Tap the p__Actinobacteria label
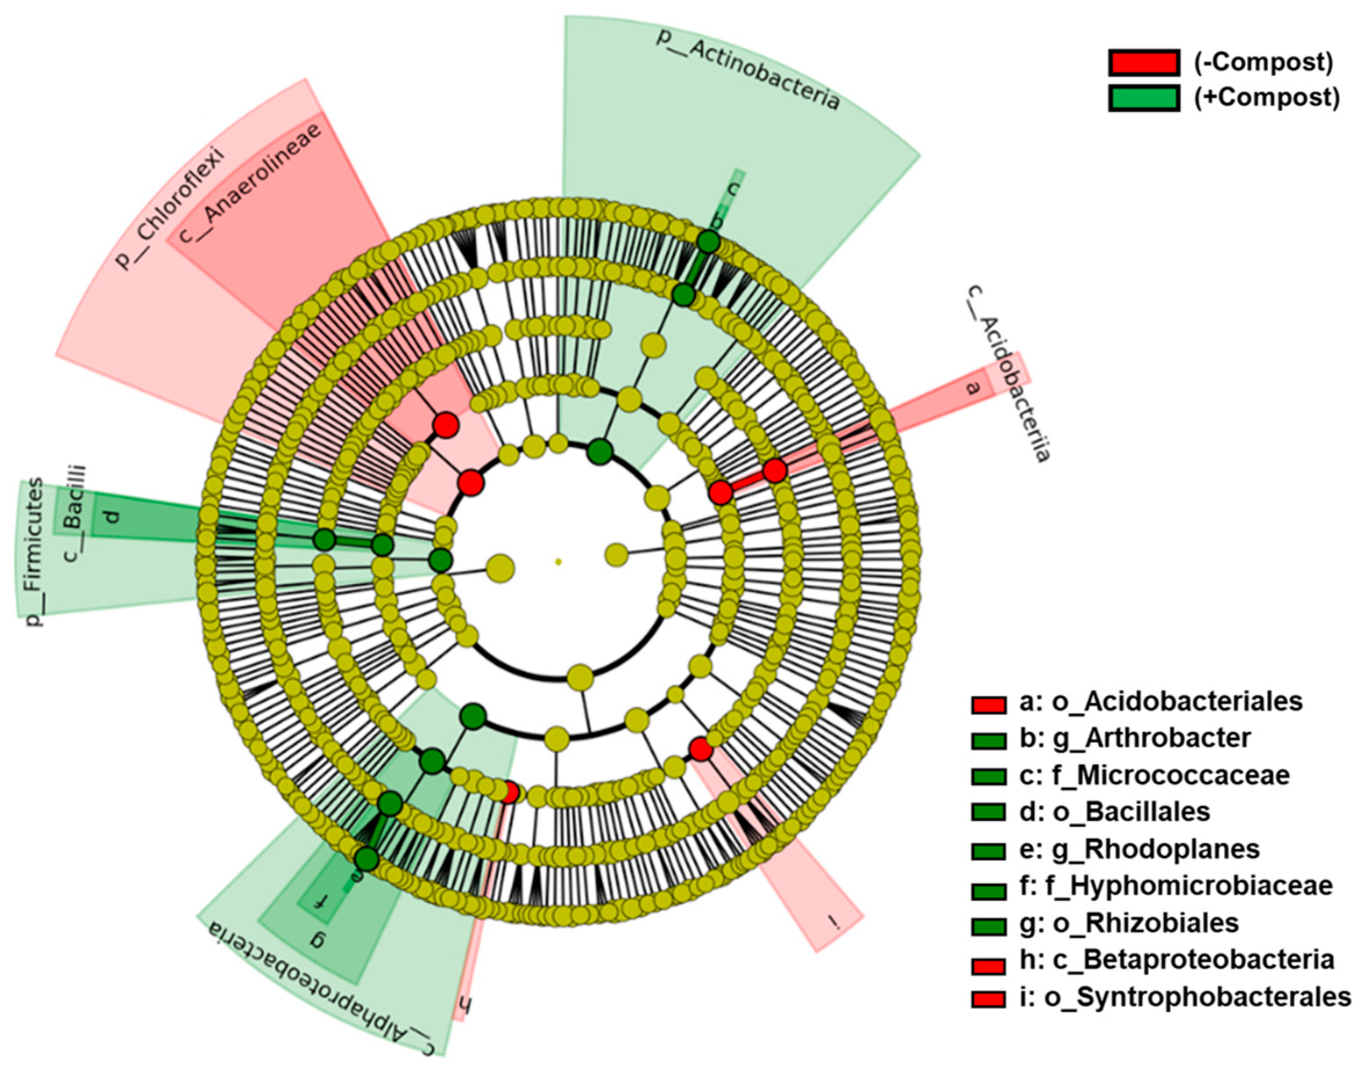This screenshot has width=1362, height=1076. point(747,68)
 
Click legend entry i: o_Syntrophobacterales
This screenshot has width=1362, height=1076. point(1185,997)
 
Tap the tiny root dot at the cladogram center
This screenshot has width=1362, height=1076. point(558,561)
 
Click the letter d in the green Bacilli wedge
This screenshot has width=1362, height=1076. point(112,517)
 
